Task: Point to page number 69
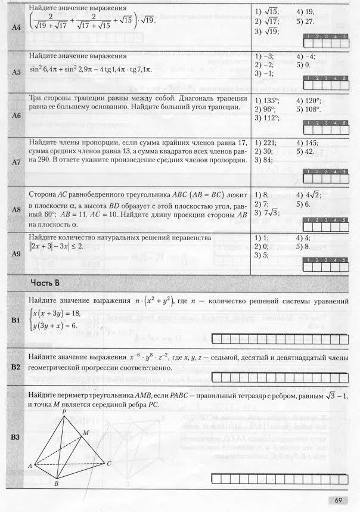pyautogui.click(x=338, y=499)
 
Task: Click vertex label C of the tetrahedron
pyautogui.click(x=109, y=463)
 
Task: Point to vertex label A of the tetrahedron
pyautogui.click(x=30, y=465)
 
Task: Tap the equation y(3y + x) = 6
pyautogui.click(x=55, y=325)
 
